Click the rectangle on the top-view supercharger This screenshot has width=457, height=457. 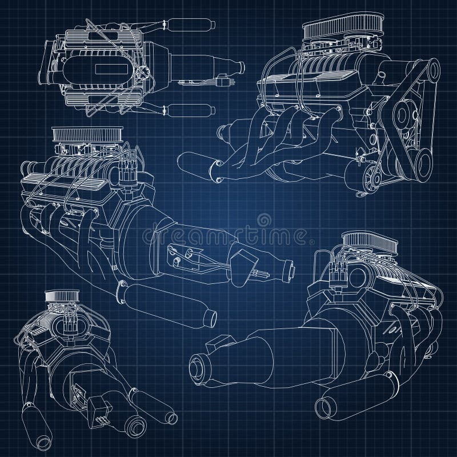click(x=105, y=69)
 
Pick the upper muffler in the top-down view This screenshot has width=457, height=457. click(x=189, y=24)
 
